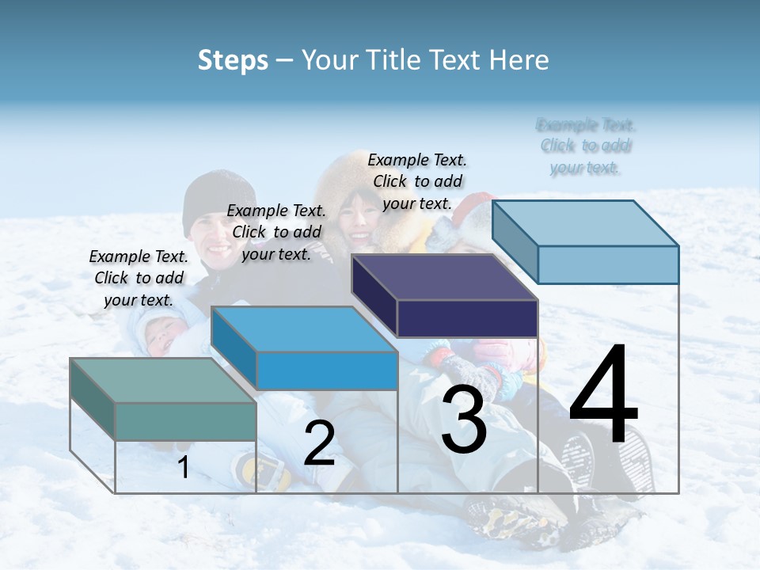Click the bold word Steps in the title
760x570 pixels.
click(233, 60)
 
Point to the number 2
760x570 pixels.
click(319, 443)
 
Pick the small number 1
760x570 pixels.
click(184, 468)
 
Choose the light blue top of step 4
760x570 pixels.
click(586, 223)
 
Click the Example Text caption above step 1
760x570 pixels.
click(139, 278)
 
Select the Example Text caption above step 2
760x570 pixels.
click(276, 232)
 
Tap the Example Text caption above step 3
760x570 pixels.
click(417, 181)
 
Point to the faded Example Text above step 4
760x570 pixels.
click(586, 146)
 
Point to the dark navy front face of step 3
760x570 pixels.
click(467, 319)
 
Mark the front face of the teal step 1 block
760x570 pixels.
click(185, 421)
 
